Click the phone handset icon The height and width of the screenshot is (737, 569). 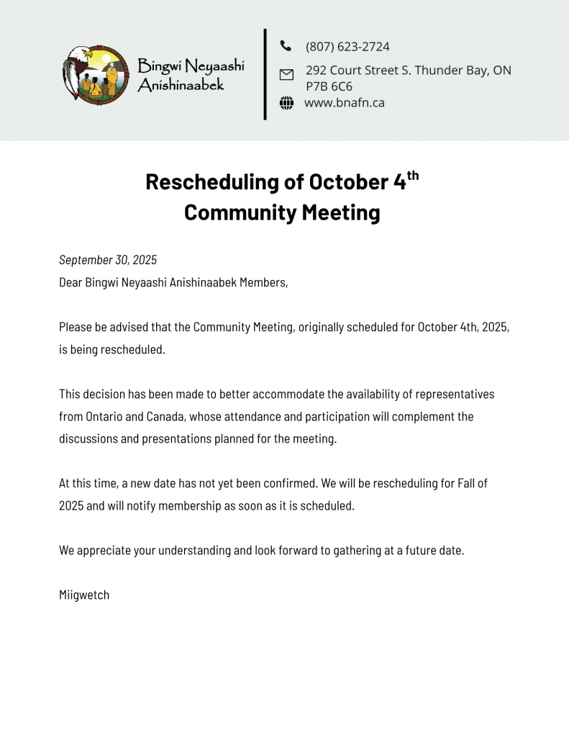point(286,46)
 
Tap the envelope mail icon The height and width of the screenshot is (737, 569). point(286,74)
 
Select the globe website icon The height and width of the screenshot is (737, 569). point(286,103)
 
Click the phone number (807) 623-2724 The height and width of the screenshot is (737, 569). point(347,47)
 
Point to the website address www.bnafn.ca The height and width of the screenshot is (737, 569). point(344,103)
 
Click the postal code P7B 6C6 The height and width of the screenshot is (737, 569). point(329,87)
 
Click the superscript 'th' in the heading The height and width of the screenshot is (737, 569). point(412,175)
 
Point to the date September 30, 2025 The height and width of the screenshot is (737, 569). point(108,260)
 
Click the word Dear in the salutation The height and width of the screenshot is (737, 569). point(70,282)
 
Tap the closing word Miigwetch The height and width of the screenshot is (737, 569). point(84,594)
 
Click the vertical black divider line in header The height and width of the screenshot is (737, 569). point(265,74)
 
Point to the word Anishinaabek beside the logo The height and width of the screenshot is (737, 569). point(181,85)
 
